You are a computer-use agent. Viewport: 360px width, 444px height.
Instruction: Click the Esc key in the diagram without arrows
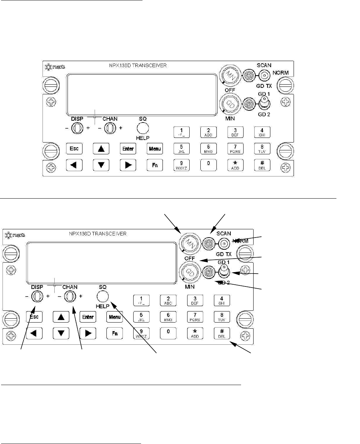point(74,149)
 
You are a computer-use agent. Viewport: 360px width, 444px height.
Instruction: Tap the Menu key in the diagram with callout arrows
point(115,317)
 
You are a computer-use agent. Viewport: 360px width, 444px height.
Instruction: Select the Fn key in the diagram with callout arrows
point(115,333)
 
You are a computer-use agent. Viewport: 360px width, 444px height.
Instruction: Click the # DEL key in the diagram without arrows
point(262,165)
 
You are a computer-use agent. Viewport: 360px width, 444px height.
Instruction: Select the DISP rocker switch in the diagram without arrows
point(76,128)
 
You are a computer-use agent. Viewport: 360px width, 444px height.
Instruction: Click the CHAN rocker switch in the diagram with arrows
point(70,296)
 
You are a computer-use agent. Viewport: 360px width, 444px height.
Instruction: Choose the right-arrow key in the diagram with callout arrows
point(88,333)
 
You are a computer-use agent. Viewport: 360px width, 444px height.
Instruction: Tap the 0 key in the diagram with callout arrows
point(168,333)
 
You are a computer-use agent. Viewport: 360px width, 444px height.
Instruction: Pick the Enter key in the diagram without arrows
point(128,149)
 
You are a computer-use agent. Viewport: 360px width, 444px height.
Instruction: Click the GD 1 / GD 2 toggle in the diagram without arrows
point(264,102)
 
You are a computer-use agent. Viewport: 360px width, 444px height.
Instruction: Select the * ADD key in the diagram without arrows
point(235,165)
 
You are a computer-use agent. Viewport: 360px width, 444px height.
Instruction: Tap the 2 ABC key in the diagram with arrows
point(168,300)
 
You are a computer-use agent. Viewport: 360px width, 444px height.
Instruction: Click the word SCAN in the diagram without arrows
point(264,65)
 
